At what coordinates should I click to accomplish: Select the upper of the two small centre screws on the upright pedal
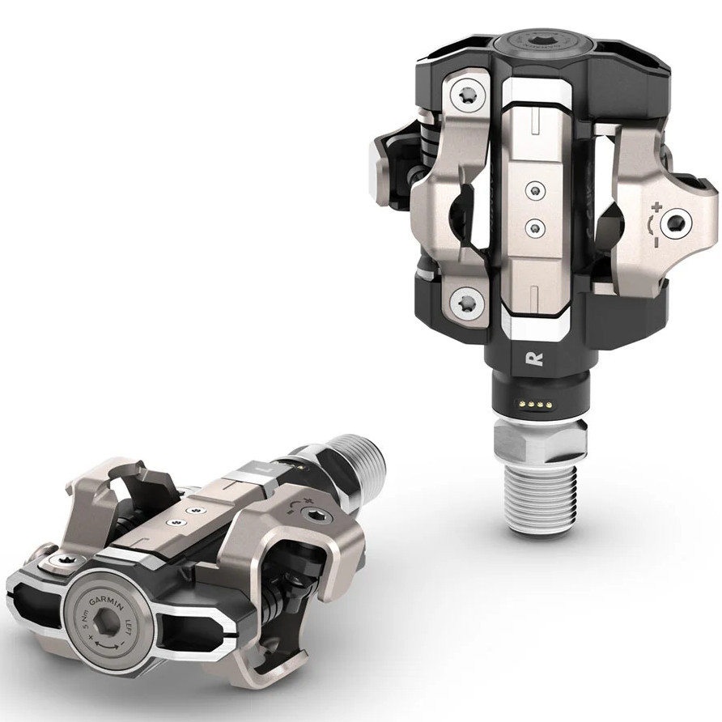534,190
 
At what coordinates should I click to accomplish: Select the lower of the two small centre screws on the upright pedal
534,229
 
